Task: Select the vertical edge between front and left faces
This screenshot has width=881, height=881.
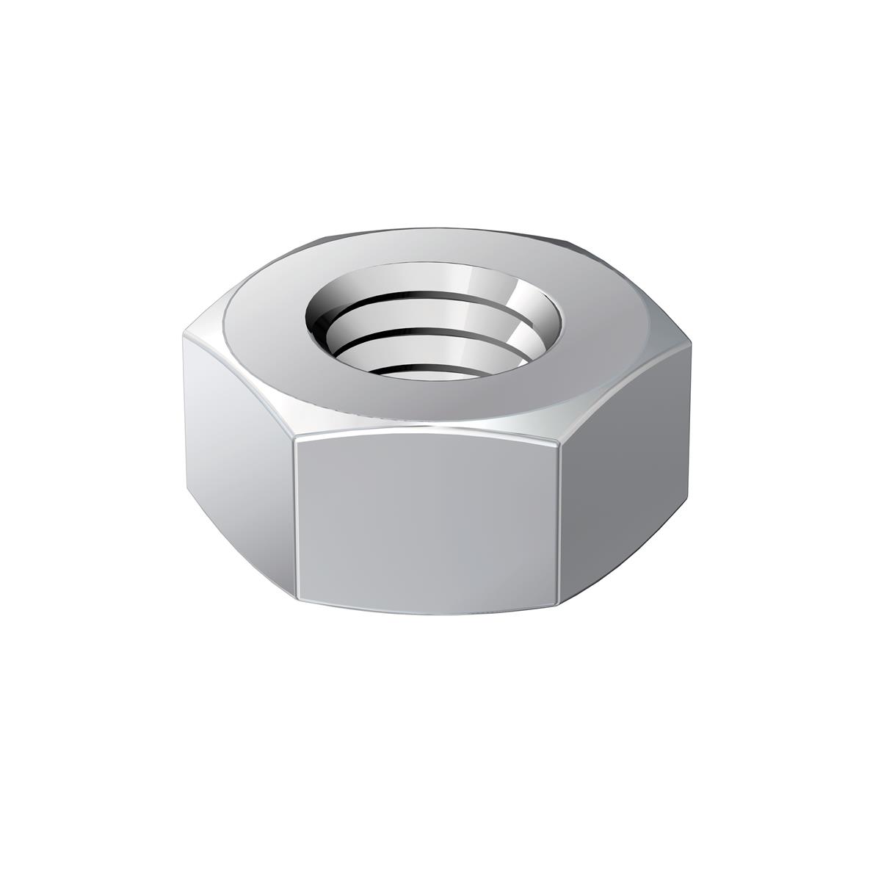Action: click(295, 518)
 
